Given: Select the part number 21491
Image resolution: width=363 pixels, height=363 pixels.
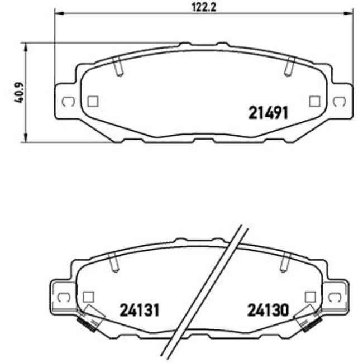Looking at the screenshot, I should [x=268, y=113].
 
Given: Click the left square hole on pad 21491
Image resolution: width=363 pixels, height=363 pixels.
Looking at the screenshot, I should [x=93, y=101].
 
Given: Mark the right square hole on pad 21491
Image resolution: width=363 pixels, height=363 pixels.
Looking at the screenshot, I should [x=314, y=101].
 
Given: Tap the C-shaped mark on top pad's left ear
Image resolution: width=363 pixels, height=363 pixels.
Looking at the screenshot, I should [x=66, y=102].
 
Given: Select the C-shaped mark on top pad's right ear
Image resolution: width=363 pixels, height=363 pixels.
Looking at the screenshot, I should [x=338, y=102].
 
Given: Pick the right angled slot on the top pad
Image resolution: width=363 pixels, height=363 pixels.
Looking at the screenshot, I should [x=289, y=67].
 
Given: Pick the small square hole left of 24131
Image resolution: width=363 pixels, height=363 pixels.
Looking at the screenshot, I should [x=87, y=297].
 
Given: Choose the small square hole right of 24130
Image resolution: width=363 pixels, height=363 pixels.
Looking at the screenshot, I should [x=311, y=297].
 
